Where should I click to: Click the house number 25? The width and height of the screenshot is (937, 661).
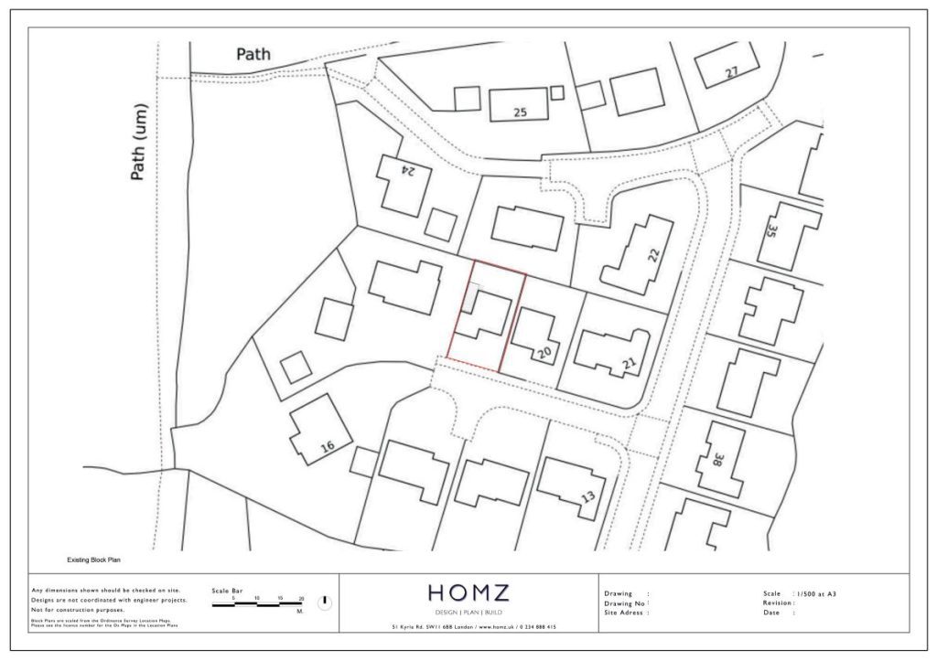pyautogui.click(x=521, y=113)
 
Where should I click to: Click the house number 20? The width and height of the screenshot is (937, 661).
pyautogui.click(x=544, y=352)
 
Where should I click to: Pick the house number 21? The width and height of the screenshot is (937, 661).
pyautogui.click(x=629, y=365)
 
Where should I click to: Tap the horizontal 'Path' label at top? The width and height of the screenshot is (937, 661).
pyautogui.click(x=253, y=54)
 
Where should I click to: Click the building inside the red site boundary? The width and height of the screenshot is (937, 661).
pyautogui.click(x=484, y=315)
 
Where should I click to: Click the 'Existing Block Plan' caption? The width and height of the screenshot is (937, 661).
pyautogui.click(x=94, y=559)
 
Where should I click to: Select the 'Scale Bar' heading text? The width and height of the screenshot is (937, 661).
pyautogui.click(x=228, y=591)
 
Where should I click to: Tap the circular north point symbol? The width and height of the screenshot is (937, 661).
pyautogui.click(x=325, y=602)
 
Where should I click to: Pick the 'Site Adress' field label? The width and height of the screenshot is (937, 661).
pyautogui.click(x=626, y=613)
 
